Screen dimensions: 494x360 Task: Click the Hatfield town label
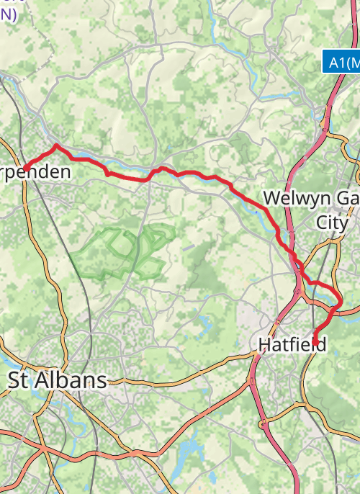point(291,345)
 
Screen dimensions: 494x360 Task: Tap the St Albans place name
point(57,380)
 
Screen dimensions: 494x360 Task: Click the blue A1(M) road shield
point(341,63)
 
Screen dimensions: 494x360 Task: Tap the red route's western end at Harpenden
point(24,169)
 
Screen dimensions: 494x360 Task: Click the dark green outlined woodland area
point(122,252)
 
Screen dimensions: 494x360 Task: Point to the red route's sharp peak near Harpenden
point(57,145)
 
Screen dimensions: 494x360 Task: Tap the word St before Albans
point(19,380)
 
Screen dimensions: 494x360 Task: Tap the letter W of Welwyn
point(272,198)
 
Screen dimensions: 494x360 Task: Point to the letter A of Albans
point(40,380)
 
